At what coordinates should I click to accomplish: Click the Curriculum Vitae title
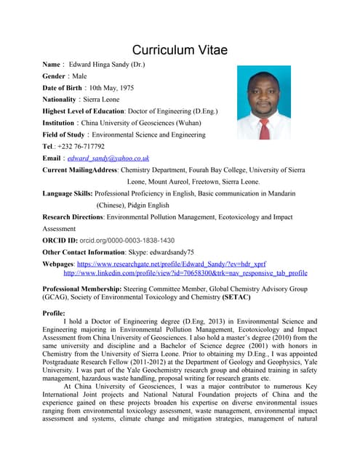point(180,49)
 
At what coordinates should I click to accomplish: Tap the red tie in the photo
point(265,127)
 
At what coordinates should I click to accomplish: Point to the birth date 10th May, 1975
point(111,87)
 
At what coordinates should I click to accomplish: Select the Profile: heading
point(55,313)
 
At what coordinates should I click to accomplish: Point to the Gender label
point(57,76)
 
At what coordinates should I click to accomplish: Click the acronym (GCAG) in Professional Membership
point(60,298)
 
